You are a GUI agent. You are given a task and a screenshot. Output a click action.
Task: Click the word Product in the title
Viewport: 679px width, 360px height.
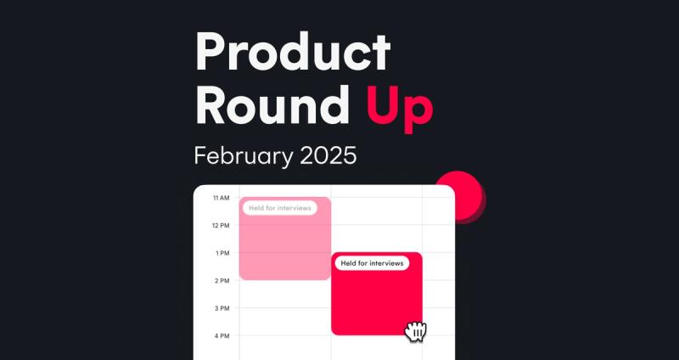[x=293, y=52]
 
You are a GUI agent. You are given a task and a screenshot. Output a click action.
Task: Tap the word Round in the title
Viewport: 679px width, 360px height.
[x=272, y=104]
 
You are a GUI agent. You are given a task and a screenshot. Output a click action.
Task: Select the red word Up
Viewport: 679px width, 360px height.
[x=400, y=110]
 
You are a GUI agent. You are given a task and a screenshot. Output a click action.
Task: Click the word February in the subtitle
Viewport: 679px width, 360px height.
[x=244, y=156]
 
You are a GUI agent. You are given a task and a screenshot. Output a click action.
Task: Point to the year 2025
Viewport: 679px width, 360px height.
[x=328, y=156]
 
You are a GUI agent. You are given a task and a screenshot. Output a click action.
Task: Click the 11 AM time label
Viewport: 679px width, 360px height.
[x=221, y=198]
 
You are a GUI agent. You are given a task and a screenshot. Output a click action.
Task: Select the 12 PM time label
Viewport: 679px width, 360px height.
[x=221, y=226]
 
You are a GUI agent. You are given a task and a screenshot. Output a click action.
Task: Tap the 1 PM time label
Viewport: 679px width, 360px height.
[x=222, y=253]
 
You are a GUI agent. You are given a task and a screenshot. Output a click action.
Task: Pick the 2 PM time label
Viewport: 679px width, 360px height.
[x=222, y=281]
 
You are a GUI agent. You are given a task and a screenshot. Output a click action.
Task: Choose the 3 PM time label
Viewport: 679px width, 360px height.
[x=222, y=308]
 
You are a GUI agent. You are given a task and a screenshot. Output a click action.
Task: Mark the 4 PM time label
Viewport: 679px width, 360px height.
[x=222, y=335]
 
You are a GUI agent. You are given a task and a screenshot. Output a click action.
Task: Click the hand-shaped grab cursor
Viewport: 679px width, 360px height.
[x=416, y=332]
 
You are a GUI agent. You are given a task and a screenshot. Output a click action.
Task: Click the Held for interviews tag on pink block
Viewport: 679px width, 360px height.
[x=280, y=208]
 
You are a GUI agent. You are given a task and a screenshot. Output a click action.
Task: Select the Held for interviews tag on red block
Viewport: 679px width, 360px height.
[x=372, y=263]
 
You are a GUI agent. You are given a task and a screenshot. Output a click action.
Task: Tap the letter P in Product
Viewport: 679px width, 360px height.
[x=210, y=52]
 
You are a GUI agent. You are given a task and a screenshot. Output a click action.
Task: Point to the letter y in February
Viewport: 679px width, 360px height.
[x=285, y=160]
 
